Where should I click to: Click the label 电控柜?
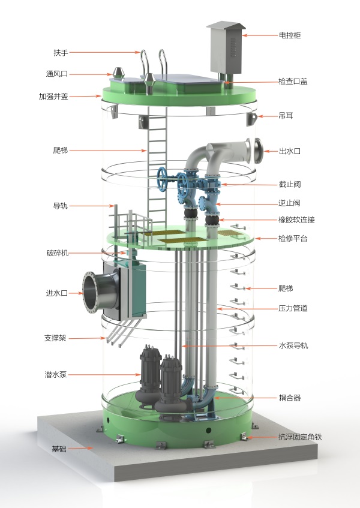pos(290,35)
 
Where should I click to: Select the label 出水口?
pos(290,151)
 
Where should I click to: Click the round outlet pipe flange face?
pos(259,151)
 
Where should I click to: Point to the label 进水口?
pos(57,293)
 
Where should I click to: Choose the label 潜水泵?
pos(56,374)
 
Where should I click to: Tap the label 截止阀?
pos(290,184)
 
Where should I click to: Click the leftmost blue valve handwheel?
pos(163,177)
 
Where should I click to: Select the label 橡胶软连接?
pos(296,220)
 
